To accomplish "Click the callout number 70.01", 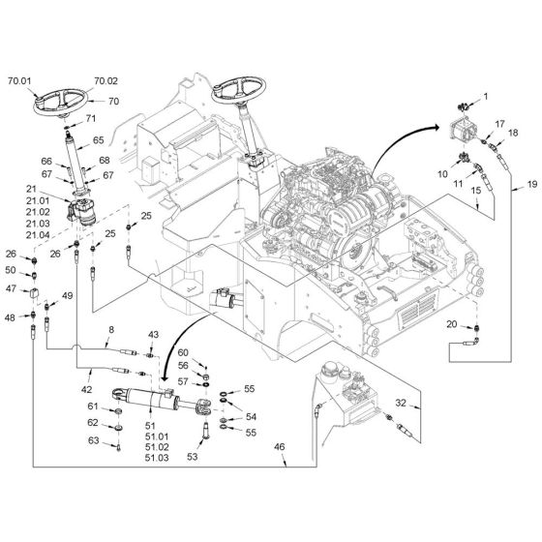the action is [19, 81].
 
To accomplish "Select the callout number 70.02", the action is [106, 81].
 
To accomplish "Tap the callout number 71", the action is [91, 118].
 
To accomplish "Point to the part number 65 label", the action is [99, 140].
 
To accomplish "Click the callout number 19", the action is [532, 184].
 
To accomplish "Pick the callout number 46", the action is [280, 447].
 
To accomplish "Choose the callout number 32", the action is [401, 403].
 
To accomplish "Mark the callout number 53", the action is [193, 457].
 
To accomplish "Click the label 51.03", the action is [157, 458].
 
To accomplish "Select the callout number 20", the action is [452, 324].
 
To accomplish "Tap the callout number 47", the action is [11, 288].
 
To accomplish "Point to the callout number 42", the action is [86, 389].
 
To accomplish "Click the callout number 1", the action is [486, 97].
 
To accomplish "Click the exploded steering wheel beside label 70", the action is [61, 102].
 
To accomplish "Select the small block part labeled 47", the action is [34, 293].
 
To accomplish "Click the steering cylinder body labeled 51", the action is [149, 400].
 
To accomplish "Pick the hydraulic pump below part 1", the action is [463, 132].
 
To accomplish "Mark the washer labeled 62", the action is [118, 428].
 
